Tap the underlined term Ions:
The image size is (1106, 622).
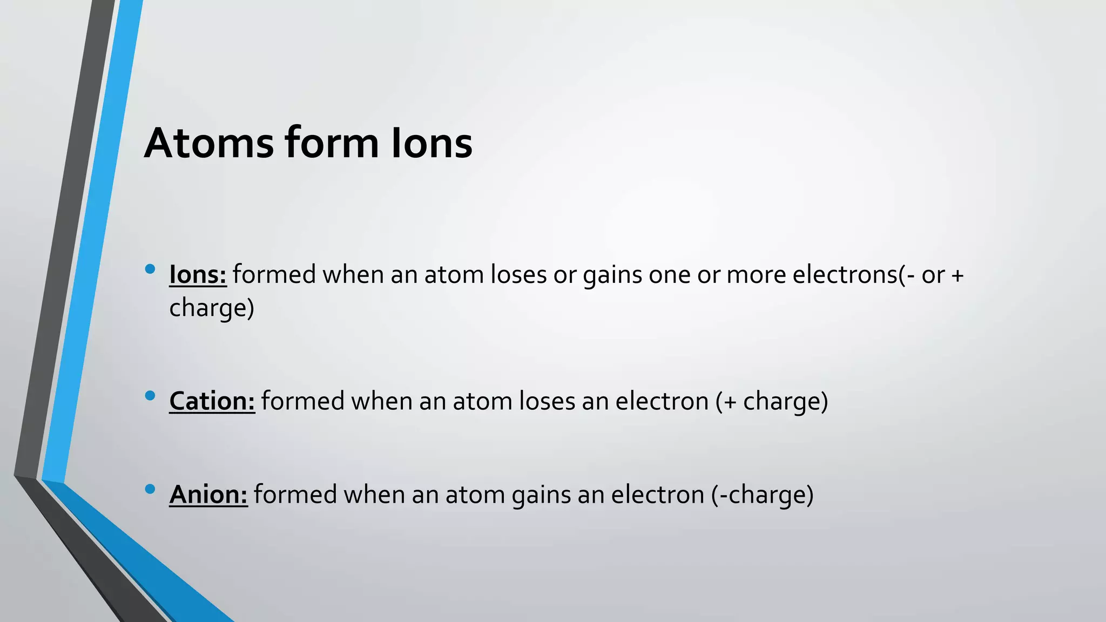click(x=198, y=275)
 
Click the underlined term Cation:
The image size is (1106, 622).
click(x=212, y=401)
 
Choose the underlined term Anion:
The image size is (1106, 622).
click(x=208, y=495)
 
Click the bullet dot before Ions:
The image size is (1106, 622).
click(x=150, y=269)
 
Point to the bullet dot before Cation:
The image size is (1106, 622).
click(x=150, y=396)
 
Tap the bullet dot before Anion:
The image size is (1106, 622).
click(x=150, y=489)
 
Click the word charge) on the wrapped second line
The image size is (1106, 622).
click(x=212, y=308)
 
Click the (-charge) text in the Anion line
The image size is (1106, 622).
click(x=762, y=495)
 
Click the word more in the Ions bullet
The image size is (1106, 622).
click(x=756, y=275)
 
